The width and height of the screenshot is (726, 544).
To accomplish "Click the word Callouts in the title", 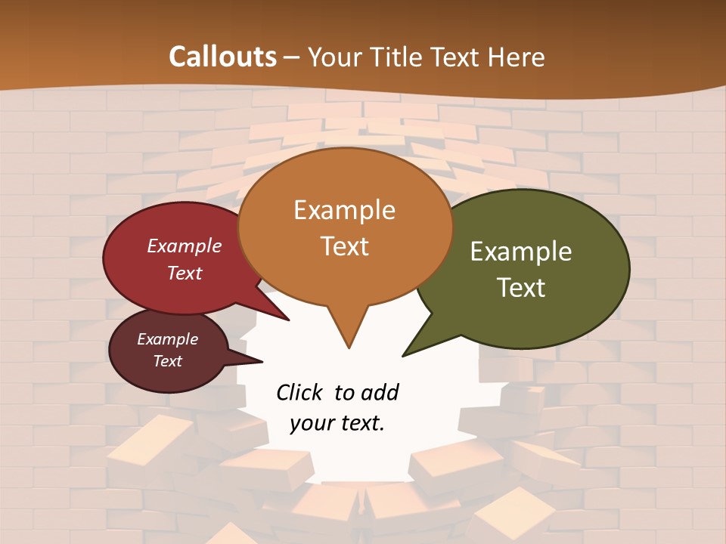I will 222,57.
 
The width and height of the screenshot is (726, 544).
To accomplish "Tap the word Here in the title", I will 517,57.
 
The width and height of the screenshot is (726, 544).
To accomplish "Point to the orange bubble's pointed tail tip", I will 349,347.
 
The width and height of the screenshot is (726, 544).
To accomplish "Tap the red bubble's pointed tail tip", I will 288,320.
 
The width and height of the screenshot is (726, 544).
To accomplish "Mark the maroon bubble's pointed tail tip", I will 262,360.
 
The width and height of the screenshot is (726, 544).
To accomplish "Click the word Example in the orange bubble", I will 344,210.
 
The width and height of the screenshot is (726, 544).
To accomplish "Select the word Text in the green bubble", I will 522,287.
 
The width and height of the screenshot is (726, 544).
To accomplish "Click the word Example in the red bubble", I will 185,246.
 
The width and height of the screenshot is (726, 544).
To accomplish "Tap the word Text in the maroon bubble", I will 168,361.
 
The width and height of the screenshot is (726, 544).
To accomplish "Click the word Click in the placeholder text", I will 299,392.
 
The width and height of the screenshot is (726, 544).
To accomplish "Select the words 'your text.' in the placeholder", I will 337,423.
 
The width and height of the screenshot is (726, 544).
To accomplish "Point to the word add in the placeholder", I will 380,392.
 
